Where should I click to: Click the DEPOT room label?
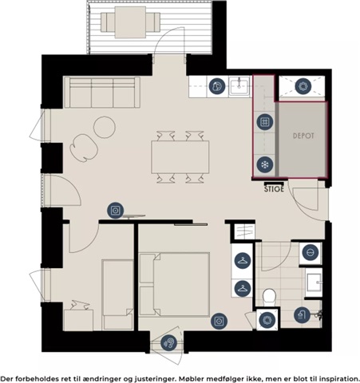[303, 136]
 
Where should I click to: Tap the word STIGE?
[274, 189]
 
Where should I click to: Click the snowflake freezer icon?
[265, 164]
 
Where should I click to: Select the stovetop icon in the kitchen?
[265, 122]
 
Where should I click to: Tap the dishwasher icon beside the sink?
[217, 86]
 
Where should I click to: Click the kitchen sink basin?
[239, 86]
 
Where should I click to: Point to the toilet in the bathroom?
[269, 298]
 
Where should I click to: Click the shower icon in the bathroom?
[302, 315]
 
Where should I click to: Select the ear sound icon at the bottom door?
[169, 343]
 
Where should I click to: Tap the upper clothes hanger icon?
[243, 261]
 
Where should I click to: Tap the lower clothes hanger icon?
[243, 289]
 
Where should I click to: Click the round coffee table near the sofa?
[105, 127]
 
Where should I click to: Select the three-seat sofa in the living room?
[102, 93]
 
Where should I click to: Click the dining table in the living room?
[180, 157]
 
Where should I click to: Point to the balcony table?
[130, 22]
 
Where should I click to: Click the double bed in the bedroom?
[174, 285]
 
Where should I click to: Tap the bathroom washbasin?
[314, 282]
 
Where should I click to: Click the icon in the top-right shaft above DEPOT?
[303, 86]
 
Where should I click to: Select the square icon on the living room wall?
[115, 211]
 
